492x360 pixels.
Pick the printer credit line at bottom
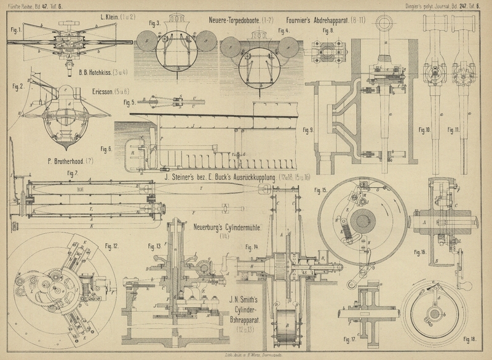coord(246,354)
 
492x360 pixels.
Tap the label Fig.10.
coord(424,130)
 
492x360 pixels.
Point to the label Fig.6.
coord(105,148)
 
